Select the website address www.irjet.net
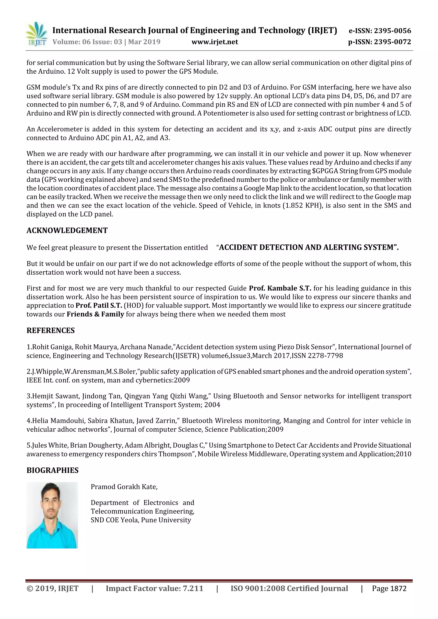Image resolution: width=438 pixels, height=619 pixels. [215, 42]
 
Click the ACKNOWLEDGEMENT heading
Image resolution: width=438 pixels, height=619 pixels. [67, 231]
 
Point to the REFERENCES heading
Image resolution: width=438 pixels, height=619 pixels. [50, 331]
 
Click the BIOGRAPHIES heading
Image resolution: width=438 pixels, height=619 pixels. [52, 470]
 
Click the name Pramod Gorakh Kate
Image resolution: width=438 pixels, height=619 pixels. [124, 487]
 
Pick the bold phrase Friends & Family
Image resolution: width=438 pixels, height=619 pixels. [95, 314]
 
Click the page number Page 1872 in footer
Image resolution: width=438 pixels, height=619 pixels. [389, 588]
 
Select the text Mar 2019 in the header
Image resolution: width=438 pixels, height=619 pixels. [144, 42]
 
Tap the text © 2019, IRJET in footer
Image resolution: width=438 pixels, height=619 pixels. [52, 588]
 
